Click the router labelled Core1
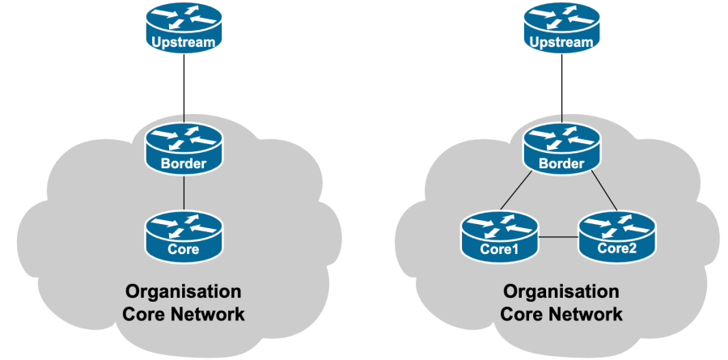click(500, 235)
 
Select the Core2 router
click(617, 235)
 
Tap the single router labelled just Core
click(184, 235)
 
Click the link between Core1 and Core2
click(559, 237)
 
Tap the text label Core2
click(618, 249)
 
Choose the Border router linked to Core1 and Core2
click(561, 148)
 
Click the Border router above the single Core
click(184, 148)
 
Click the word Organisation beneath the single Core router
click(183, 291)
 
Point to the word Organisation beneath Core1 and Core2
click(561, 291)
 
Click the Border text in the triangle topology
click(561, 164)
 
